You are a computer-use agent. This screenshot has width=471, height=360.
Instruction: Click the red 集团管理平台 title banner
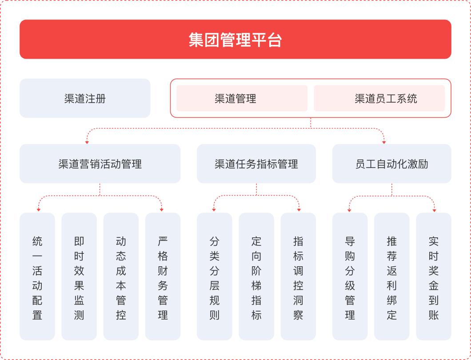point(235,40)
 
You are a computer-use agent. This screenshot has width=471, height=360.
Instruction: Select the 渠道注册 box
point(85,98)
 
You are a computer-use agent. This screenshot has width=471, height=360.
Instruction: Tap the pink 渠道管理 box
point(242,98)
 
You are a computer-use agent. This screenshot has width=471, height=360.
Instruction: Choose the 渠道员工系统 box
point(379,98)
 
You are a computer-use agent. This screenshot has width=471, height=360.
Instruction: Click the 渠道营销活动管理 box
point(100,164)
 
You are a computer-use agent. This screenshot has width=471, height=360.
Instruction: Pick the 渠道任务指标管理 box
point(256,164)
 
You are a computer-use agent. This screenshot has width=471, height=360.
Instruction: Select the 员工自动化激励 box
point(392,164)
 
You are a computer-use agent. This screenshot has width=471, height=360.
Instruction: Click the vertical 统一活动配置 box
point(37,277)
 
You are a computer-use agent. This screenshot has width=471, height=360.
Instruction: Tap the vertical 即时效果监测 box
point(79,277)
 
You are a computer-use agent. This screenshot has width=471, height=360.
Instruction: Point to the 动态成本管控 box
point(121,277)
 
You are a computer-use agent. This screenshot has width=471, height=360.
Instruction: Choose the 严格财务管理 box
point(163,277)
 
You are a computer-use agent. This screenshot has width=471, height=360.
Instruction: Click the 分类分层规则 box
point(215,277)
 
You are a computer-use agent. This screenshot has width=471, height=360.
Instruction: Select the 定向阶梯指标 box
point(256,277)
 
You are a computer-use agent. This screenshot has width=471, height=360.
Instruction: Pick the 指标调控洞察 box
point(298,277)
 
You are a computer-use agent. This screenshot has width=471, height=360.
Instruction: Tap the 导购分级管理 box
point(350,277)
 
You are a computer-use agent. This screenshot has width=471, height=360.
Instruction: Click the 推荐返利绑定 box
point(392,277)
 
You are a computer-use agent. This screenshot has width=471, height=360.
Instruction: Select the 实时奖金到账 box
point(433,277)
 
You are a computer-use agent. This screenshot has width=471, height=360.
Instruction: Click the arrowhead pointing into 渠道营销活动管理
point(87,142)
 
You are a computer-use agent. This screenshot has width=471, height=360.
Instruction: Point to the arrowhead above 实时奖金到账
point(435,210)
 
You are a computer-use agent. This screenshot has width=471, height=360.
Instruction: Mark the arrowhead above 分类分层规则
point(214,210)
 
